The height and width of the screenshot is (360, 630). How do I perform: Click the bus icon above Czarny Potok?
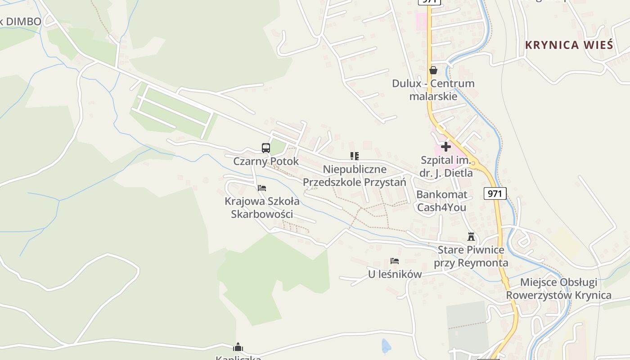click(x=266, y=148)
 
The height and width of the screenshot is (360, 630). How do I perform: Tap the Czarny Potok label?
click(x=266, y=161)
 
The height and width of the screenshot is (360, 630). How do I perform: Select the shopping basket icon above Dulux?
click(x=433, y=70)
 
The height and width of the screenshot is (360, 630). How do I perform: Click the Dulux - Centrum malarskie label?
click(x=433, y=90)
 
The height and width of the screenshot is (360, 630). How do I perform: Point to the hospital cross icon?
click(x=445, y=147)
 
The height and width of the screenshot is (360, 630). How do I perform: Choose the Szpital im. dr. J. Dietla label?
click(x=446, y=166)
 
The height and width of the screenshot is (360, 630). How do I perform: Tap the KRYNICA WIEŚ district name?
click(x=569, y=45)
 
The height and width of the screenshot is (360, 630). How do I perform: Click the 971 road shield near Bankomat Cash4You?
click(x=495, y=193)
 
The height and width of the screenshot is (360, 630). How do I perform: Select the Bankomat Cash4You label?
click(x=441, y=201)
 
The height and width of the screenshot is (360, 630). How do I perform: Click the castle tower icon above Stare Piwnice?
click(x=471, y=237)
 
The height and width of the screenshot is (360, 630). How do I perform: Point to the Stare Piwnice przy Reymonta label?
click(x=471, y=256)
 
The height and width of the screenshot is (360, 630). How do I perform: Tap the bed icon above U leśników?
click(x=395, y=261)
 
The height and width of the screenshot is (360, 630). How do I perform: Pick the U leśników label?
click(x=395, y=274)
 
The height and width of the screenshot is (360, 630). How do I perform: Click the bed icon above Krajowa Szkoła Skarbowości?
click(x=262, y=188)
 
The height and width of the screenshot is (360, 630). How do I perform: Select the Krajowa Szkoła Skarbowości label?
click(x=262, y=207)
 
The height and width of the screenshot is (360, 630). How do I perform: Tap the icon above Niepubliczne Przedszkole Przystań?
click(x=355, y=156)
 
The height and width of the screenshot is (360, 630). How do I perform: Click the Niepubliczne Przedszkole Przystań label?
click(x=355, y=175)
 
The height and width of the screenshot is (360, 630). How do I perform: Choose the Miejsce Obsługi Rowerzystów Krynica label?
click(x=559, y=288)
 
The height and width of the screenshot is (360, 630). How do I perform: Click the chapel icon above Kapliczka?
click(x=238, y=347)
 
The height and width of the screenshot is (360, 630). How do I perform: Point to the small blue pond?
click(x=386, y=346)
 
